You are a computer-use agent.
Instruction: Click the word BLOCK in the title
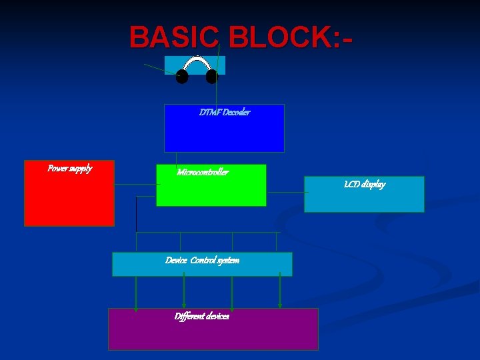point(275,37)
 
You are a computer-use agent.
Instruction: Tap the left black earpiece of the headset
point(181,77)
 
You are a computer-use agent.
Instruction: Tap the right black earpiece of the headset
point(212,77)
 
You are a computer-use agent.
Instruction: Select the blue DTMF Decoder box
point(224,133)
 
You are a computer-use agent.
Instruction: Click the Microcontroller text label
point(202,173)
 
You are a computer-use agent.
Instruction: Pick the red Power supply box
point(69,200)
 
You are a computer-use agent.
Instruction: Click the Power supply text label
point(69,168)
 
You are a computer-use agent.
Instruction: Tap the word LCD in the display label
point(351,184)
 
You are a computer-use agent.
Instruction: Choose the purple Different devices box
point(213,333)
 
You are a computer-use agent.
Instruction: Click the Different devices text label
point(201,316)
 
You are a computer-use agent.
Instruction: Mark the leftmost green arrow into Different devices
point(136,293)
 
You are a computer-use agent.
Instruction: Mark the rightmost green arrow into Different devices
point(280,291)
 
